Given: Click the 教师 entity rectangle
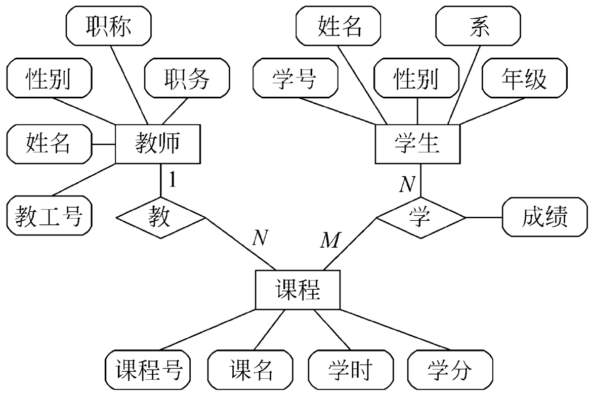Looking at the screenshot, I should (157, 144).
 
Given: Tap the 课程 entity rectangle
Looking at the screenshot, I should (297, 290).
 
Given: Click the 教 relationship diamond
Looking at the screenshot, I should (161, 218).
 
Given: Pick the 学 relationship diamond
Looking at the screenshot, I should (420, 218).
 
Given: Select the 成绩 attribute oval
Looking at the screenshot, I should (543, 218).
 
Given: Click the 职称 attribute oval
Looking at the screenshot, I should (109, 26).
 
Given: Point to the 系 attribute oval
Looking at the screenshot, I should (478, 26).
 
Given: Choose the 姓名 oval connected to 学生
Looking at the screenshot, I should (339, 26).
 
